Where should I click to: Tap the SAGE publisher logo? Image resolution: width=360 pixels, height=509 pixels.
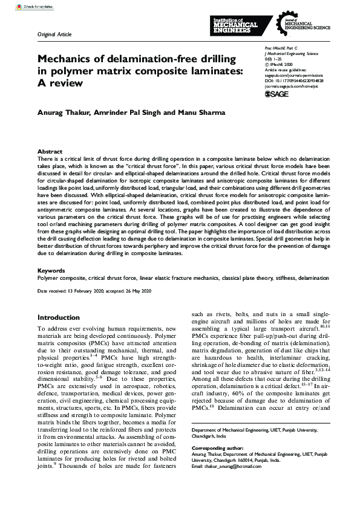[278, 94]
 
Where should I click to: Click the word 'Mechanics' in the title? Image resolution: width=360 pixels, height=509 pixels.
[67, 60]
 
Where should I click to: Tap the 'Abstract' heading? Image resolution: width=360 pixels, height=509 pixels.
[50, 151]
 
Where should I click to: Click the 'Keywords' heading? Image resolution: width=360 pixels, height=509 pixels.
[51, 270]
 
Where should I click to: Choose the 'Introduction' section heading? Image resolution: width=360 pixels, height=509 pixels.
[62, 317]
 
